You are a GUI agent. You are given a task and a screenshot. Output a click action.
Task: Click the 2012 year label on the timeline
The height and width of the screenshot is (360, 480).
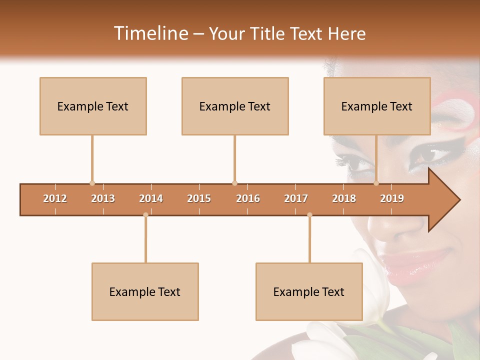(55, 198)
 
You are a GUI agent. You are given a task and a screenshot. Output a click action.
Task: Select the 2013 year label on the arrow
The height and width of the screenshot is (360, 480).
(103, 198)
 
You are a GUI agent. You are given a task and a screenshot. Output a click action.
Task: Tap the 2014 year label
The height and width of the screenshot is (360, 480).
(151, 198)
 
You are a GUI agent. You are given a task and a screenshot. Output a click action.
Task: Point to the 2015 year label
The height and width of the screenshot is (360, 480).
(199, 198)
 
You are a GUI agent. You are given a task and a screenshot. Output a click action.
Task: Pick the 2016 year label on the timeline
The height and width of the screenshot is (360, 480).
(248, 198)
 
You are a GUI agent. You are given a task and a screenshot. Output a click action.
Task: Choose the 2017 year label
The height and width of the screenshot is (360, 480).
(296, 198)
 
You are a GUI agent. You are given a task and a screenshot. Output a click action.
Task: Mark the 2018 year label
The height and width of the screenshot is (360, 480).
(344, 198)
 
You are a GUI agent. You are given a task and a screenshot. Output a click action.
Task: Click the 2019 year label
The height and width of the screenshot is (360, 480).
(392, 198)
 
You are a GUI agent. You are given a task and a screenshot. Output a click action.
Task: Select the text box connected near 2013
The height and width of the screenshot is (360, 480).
(93, 106)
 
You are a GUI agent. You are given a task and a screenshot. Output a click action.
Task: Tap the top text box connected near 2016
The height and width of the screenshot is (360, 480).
(235, 106)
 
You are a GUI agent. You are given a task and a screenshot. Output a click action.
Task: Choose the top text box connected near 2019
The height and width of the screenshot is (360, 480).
(377, 106)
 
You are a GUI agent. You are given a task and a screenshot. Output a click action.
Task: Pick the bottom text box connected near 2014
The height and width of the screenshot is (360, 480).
(145, 291)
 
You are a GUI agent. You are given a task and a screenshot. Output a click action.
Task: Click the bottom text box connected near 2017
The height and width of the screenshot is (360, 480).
(309, 291)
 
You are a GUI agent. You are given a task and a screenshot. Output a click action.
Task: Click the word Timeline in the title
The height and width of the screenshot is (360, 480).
(149, 33)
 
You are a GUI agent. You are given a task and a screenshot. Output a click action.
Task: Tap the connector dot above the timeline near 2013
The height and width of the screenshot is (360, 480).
(92, 183)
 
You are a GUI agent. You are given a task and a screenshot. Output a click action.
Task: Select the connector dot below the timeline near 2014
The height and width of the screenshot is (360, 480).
(145, 215)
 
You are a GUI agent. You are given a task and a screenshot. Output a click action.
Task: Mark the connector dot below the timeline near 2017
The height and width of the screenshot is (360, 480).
(309, 215)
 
